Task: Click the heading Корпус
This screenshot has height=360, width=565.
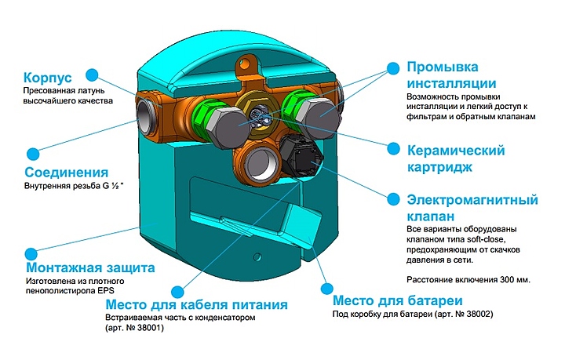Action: coord(48,79)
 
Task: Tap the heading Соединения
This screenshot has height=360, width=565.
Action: coord(67,172)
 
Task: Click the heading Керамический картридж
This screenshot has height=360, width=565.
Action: coord(455,158)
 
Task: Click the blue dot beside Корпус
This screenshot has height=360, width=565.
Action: coord(93,75)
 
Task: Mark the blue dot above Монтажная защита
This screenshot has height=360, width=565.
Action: coord(31,254)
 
